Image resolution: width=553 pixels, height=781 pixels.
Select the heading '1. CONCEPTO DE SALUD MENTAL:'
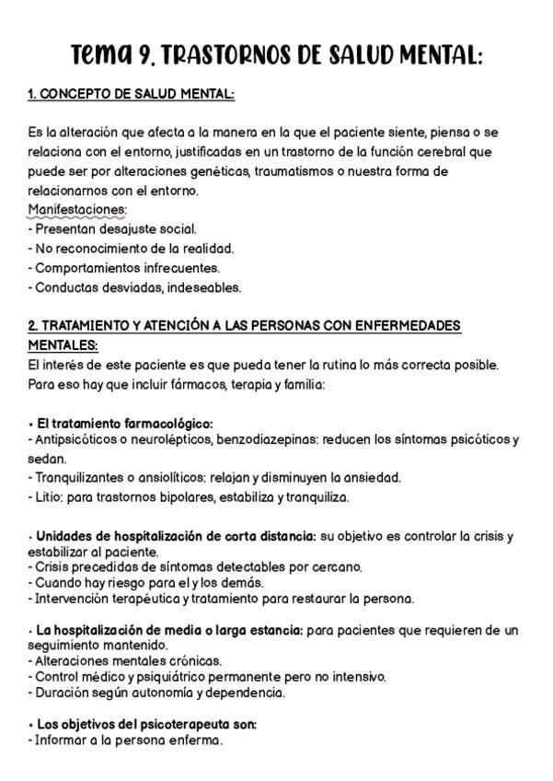[131, 95]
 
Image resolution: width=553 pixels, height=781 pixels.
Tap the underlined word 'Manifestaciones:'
[77, 210]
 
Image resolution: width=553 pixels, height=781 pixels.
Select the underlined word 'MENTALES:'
[63, 345]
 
